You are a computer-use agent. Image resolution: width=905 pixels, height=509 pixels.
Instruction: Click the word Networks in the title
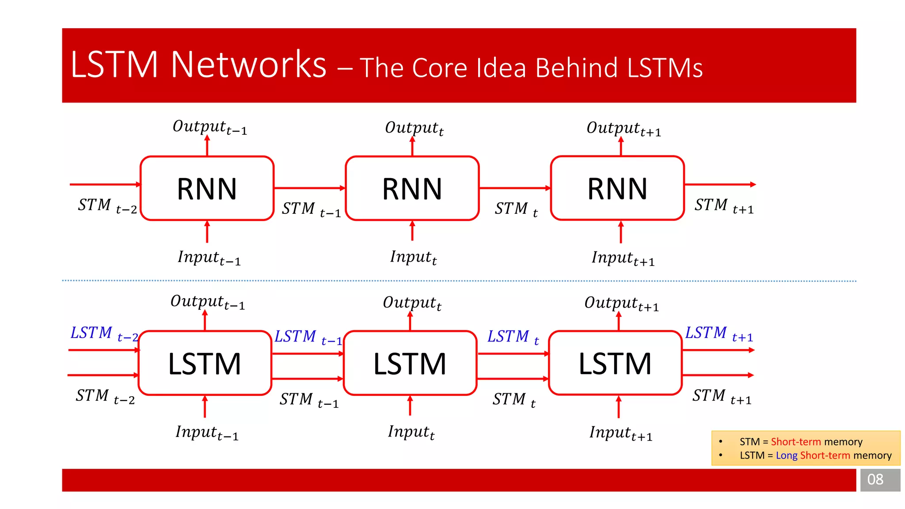[x=248, y=65]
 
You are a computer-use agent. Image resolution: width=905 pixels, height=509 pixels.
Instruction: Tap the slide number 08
[x=875, y=479]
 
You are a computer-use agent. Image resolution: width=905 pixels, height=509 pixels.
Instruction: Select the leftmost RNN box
[x=207, y=189]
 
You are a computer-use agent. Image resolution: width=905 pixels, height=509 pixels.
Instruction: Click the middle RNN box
[x=412, y=189]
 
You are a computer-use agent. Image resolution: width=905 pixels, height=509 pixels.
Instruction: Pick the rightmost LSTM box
[x=615, y=363]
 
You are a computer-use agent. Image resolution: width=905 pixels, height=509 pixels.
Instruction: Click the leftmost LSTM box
[x=205, y=363]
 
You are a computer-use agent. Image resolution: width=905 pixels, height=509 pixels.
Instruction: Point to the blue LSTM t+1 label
[x=719, y=334]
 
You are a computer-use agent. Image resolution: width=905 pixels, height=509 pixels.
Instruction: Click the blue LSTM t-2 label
[x=104, y=334]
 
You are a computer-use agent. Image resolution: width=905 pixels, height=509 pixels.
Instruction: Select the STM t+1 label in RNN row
[x=723, y=206]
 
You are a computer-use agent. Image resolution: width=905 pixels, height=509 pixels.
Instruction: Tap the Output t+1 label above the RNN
[x=623, y=129]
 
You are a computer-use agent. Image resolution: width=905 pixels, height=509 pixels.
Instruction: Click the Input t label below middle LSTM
[x=411, y=432]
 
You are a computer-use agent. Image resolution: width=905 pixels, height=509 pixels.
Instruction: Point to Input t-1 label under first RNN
[x=209, y=258]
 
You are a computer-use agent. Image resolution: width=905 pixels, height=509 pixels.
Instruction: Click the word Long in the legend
[x=787, y=456]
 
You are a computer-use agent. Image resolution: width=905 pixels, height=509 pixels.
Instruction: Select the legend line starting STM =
[x=801, y=442]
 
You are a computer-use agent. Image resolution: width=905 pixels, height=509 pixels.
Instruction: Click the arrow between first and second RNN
[x=309, y=188]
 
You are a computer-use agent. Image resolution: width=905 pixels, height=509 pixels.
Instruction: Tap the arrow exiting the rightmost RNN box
[x=720, y=184]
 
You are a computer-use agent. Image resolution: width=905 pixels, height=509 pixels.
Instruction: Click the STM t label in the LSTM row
[x=514, y=400]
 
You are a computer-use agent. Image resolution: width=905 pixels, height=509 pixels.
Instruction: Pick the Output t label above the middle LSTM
[x=412, y=303]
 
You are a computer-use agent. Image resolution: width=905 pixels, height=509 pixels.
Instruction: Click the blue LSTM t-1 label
[x=308, y=337]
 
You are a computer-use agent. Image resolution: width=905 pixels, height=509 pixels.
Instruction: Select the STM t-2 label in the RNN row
[x=107, y=206]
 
